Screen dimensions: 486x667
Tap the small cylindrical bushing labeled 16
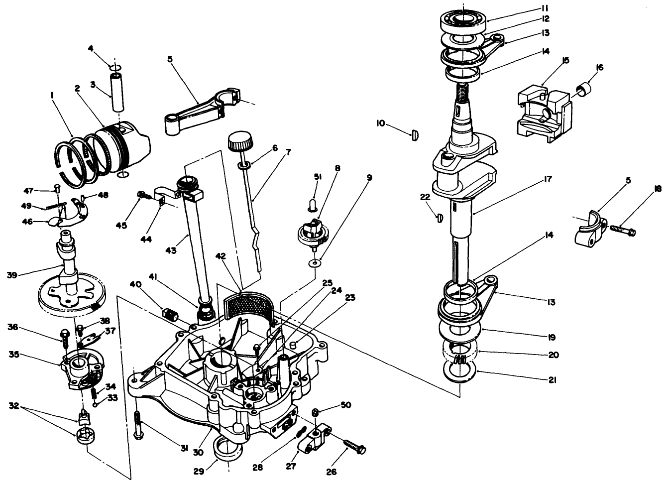583,90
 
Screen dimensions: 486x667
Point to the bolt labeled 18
622,230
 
